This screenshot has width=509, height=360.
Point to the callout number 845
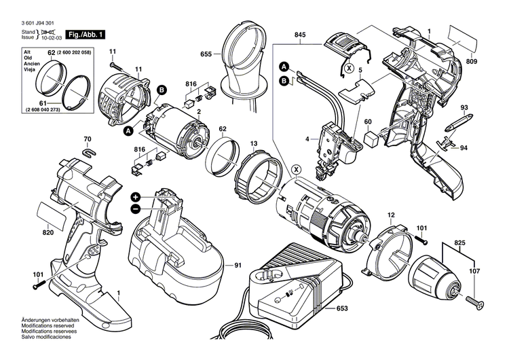(300, 35)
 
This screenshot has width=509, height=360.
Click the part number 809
(491, 62)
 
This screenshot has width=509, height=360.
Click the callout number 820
(48, 232)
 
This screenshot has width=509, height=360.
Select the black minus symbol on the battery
(136, 207)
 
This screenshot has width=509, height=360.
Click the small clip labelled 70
(87, 151)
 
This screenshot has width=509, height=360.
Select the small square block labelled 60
(371, 139)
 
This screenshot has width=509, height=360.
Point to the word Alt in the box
(28, 52)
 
